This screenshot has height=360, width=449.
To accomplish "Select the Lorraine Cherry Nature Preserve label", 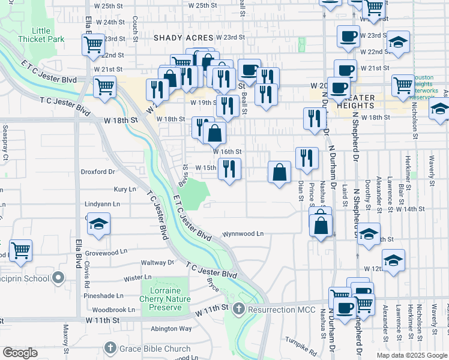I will [165, 299].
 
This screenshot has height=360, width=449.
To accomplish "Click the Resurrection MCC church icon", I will [239, 309].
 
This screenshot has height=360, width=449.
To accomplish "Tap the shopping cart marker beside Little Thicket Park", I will [94, 44].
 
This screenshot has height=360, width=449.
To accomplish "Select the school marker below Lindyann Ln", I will [98, 225].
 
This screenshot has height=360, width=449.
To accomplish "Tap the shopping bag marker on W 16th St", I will [214, 133].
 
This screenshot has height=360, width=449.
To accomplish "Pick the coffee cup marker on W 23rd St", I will [348, 37].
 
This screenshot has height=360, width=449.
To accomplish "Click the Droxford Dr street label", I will [98, 172].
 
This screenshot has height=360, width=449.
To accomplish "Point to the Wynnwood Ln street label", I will [243, 233].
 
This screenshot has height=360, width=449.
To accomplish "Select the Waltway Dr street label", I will [157, 262].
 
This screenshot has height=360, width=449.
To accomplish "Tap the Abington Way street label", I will [171, 328].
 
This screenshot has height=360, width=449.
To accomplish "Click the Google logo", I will [20, 353].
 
